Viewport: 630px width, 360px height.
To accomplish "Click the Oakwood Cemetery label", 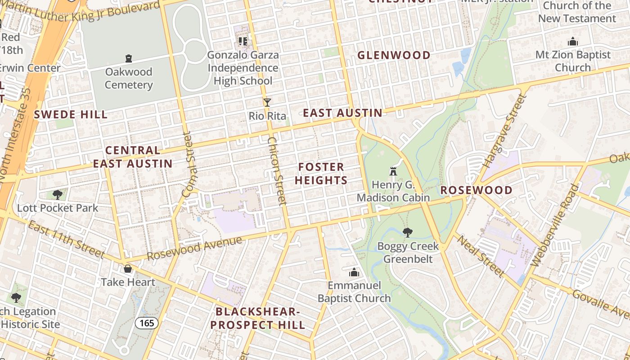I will coord(129,78).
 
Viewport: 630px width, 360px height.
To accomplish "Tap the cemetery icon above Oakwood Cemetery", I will coord(129,58).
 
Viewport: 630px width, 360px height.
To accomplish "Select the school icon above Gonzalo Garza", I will coord(243,41).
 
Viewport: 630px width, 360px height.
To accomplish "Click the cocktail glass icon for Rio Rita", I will coord(267,103).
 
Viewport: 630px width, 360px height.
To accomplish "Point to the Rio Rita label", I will coord(267,116).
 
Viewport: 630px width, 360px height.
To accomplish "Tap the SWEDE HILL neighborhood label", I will coord(71,114).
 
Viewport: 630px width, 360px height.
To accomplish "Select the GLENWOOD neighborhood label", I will coord(394,55).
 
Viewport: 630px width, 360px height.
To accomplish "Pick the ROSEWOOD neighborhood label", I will coord(476,190).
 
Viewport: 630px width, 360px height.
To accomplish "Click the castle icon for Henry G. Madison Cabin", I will coord(393,171).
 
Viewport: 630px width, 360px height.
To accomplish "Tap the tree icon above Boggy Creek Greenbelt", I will coord(408,233).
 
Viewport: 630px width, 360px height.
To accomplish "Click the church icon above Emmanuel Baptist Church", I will coord(354,272).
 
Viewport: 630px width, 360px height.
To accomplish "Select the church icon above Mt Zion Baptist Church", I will coord(573,42).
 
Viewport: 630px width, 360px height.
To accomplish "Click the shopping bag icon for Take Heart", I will coord(128,269).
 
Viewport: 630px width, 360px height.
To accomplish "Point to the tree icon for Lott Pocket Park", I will coord(57,194).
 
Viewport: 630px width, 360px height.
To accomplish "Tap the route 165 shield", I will coord(147,323).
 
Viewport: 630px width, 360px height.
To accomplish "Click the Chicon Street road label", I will coord(277,171).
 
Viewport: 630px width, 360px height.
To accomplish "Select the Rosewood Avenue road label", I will coord(194,248).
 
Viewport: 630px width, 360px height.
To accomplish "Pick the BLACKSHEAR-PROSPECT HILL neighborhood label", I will coord(257,318).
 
